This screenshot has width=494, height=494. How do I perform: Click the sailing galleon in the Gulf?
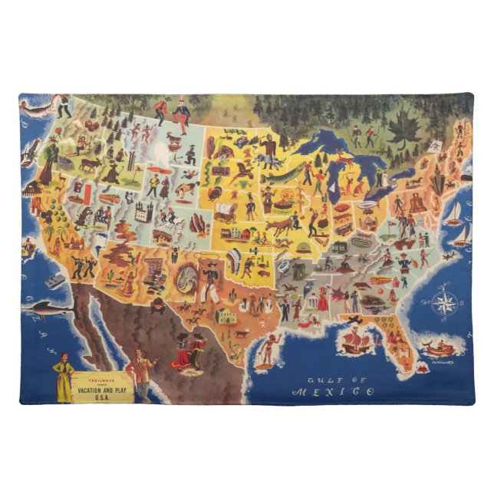point(360,338)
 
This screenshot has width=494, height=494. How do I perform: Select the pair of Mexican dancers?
point(187,354)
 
